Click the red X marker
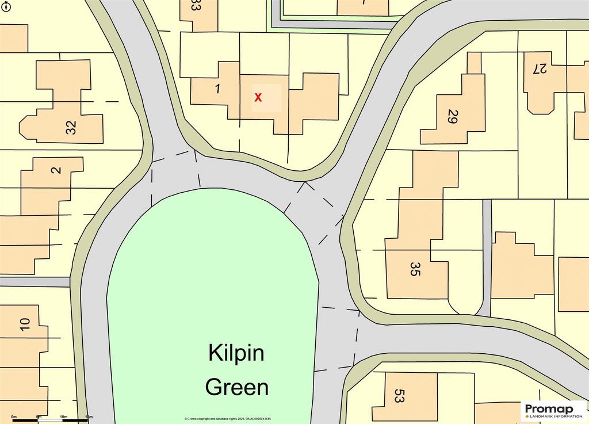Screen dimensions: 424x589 point(258,98)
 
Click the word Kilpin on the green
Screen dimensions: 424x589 point(236,353)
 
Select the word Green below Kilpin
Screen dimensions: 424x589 point(237,387)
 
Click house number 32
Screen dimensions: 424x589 point(71,127)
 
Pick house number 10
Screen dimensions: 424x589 point(24,324)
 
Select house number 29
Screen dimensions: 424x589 point(452,117)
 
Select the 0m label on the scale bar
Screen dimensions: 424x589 point(14,416)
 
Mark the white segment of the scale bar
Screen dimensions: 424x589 point(51,420)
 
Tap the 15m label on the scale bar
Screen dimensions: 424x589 point(89,416)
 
